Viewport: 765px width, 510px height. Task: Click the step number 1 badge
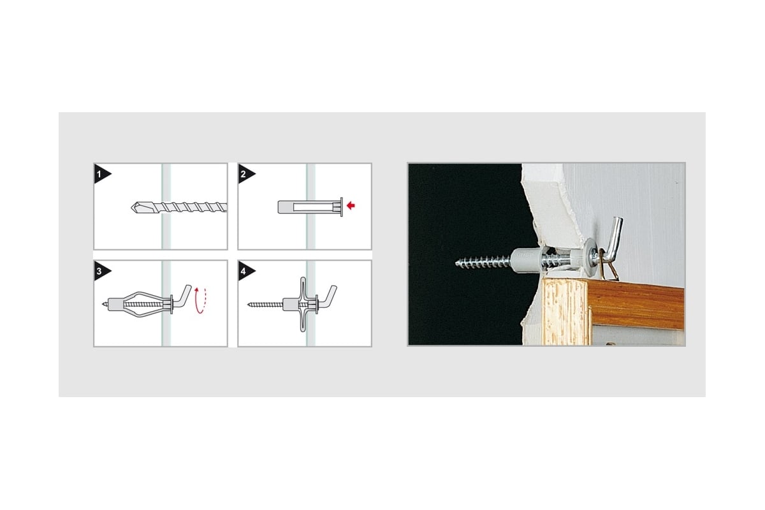pos(101,174)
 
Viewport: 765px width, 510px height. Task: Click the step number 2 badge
pos(245,174)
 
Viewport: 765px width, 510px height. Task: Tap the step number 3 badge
pos(101,271)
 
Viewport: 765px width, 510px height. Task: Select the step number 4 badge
pos(245,271)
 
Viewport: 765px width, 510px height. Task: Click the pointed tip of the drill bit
pos(132,207)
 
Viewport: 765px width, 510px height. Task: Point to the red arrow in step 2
pos(351,205)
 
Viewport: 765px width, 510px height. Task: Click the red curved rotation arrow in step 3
pos(200,301)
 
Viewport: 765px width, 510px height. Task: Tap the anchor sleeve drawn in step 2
pos(310,207)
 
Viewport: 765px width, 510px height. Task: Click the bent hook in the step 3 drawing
pos(183,295)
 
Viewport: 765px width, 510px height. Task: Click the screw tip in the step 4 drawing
pos(249,304)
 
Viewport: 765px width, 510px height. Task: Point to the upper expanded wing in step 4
pos(303,289)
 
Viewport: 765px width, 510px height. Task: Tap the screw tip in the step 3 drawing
pos(103,303)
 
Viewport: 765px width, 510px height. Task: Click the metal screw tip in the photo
pos(456,263)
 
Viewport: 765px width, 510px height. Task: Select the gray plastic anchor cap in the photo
pos(525,260)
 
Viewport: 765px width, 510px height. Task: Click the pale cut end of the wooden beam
pos(564,311)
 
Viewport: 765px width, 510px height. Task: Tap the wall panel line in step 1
pos(166,207)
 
